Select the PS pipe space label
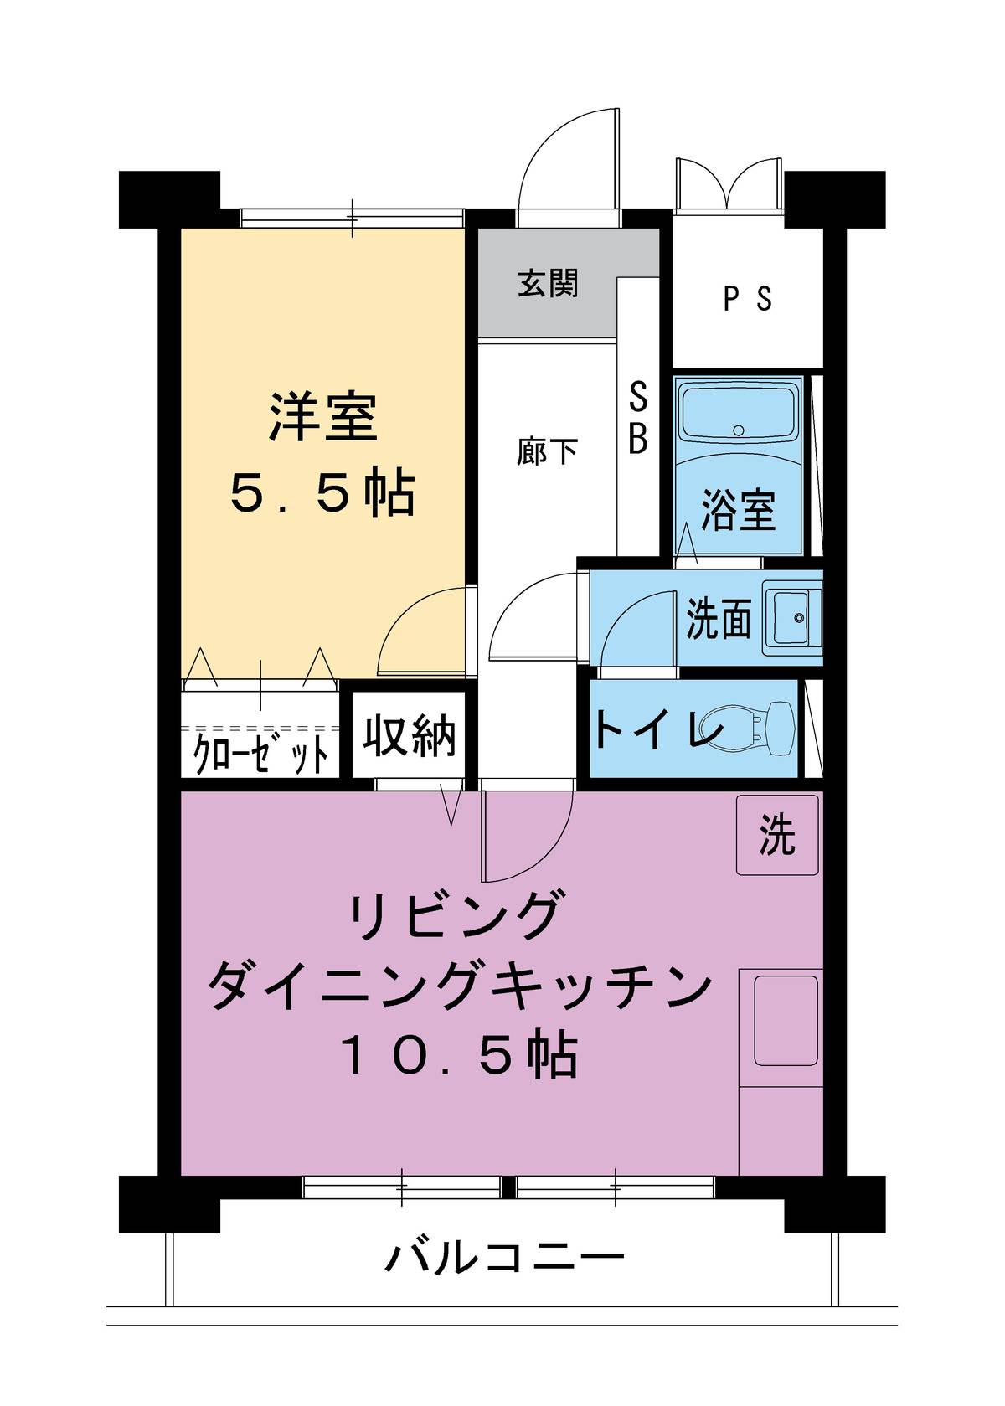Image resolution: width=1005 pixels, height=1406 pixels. point(747,299)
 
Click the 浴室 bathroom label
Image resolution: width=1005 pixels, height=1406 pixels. point(738,509)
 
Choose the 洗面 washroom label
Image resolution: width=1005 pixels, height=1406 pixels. point(718,619)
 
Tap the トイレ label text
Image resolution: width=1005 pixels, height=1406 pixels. point(658,730)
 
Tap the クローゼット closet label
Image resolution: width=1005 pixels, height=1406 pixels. point(260,755)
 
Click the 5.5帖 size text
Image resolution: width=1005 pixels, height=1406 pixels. point(322,494)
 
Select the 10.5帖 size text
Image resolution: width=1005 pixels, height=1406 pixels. point(459,1056)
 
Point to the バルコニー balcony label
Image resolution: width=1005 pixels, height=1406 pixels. point(505,1257)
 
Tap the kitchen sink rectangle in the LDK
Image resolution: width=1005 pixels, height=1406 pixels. point(786,1019)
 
